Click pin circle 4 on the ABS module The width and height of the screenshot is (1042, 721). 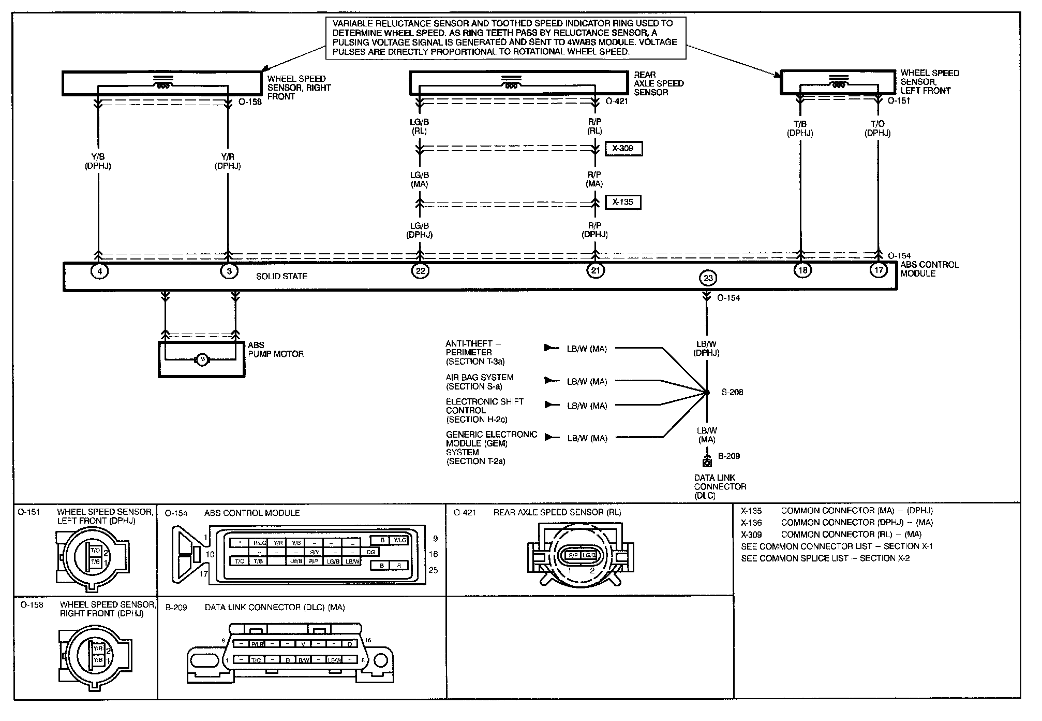99,270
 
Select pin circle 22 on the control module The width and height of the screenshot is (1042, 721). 420,270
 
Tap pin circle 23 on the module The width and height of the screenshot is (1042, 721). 708,278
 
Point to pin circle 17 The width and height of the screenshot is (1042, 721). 879,270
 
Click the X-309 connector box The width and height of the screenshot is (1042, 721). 623,149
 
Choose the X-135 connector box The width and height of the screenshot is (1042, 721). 623,202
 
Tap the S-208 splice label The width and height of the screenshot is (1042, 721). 732,393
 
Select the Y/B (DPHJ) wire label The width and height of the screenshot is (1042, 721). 98,161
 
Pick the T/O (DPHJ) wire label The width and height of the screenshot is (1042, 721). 877,128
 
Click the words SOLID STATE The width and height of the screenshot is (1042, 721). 282,277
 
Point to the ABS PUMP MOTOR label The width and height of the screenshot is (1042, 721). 275,350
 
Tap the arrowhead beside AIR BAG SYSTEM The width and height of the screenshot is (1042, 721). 548,381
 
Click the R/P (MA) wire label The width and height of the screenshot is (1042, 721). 594,179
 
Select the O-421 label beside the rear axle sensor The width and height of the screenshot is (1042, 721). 617,102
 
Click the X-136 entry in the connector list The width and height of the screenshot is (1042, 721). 751,523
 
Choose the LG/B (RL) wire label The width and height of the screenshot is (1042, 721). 419,126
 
